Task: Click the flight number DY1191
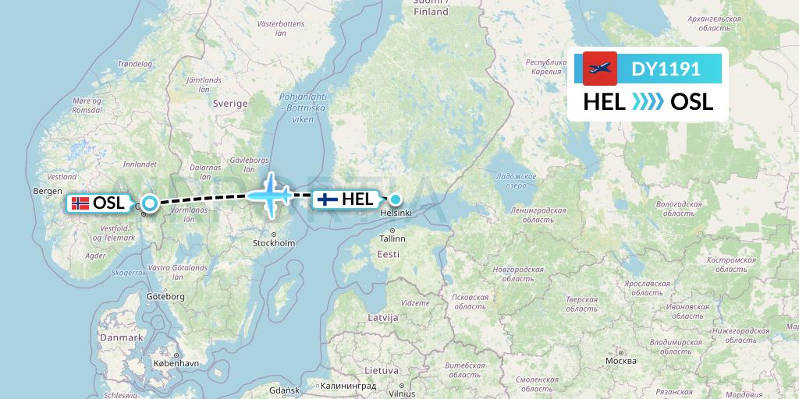pyautogui.click(x=666, y=69)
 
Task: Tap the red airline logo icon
pyautogui.click(x=599, y=69)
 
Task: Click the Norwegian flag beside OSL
pyautogui.click(x=80, y=203)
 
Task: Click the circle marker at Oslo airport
pyautogui.click(x=148, y=203)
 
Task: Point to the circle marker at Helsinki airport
pyautogui.click(x=396, y=199)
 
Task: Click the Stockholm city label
pyautogui.click(x=273, y=243)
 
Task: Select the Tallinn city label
pyautogui.click(x=392, y=239)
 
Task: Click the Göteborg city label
pyautogui.click(x=165, y=297)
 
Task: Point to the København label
pyautogui.click(x=176, y=363)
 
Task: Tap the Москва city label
pyautogui.click(x=620, y=361)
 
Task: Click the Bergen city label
pyautogui.click(x=48, y=191)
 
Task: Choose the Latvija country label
pyautogui.click(x=382, y=318)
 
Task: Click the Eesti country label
pyautogui.click(x=388, y=254)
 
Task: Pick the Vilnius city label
pyautogui.click(x=402, y=394)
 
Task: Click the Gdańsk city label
pyautogui.click(x=284, y=390)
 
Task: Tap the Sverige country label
pyautogui.click(x=230, y=104)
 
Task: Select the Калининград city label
pyautogui.click(x=348, y=387)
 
